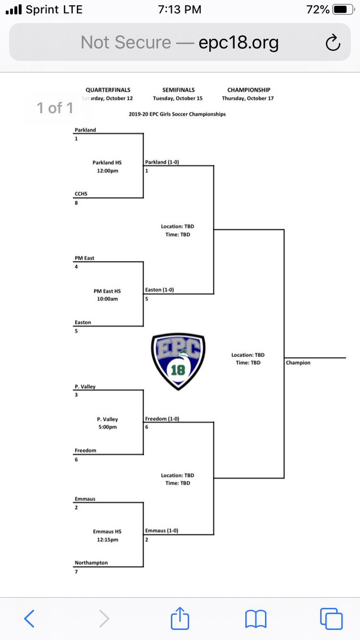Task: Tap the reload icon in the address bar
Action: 332,42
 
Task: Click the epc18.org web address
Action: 238,42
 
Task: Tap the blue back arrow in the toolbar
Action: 30,619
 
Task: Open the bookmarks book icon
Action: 255,619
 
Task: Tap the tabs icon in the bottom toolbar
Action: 331,619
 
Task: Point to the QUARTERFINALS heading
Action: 108,90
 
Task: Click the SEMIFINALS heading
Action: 179,90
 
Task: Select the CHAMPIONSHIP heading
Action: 248,90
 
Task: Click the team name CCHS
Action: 82,194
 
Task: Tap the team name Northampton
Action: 91,563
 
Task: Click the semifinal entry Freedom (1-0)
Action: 162,419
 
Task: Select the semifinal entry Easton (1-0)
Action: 159,290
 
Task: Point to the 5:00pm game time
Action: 108,427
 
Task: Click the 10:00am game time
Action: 107,299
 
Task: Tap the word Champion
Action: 298,363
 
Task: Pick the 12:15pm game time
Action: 107,539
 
